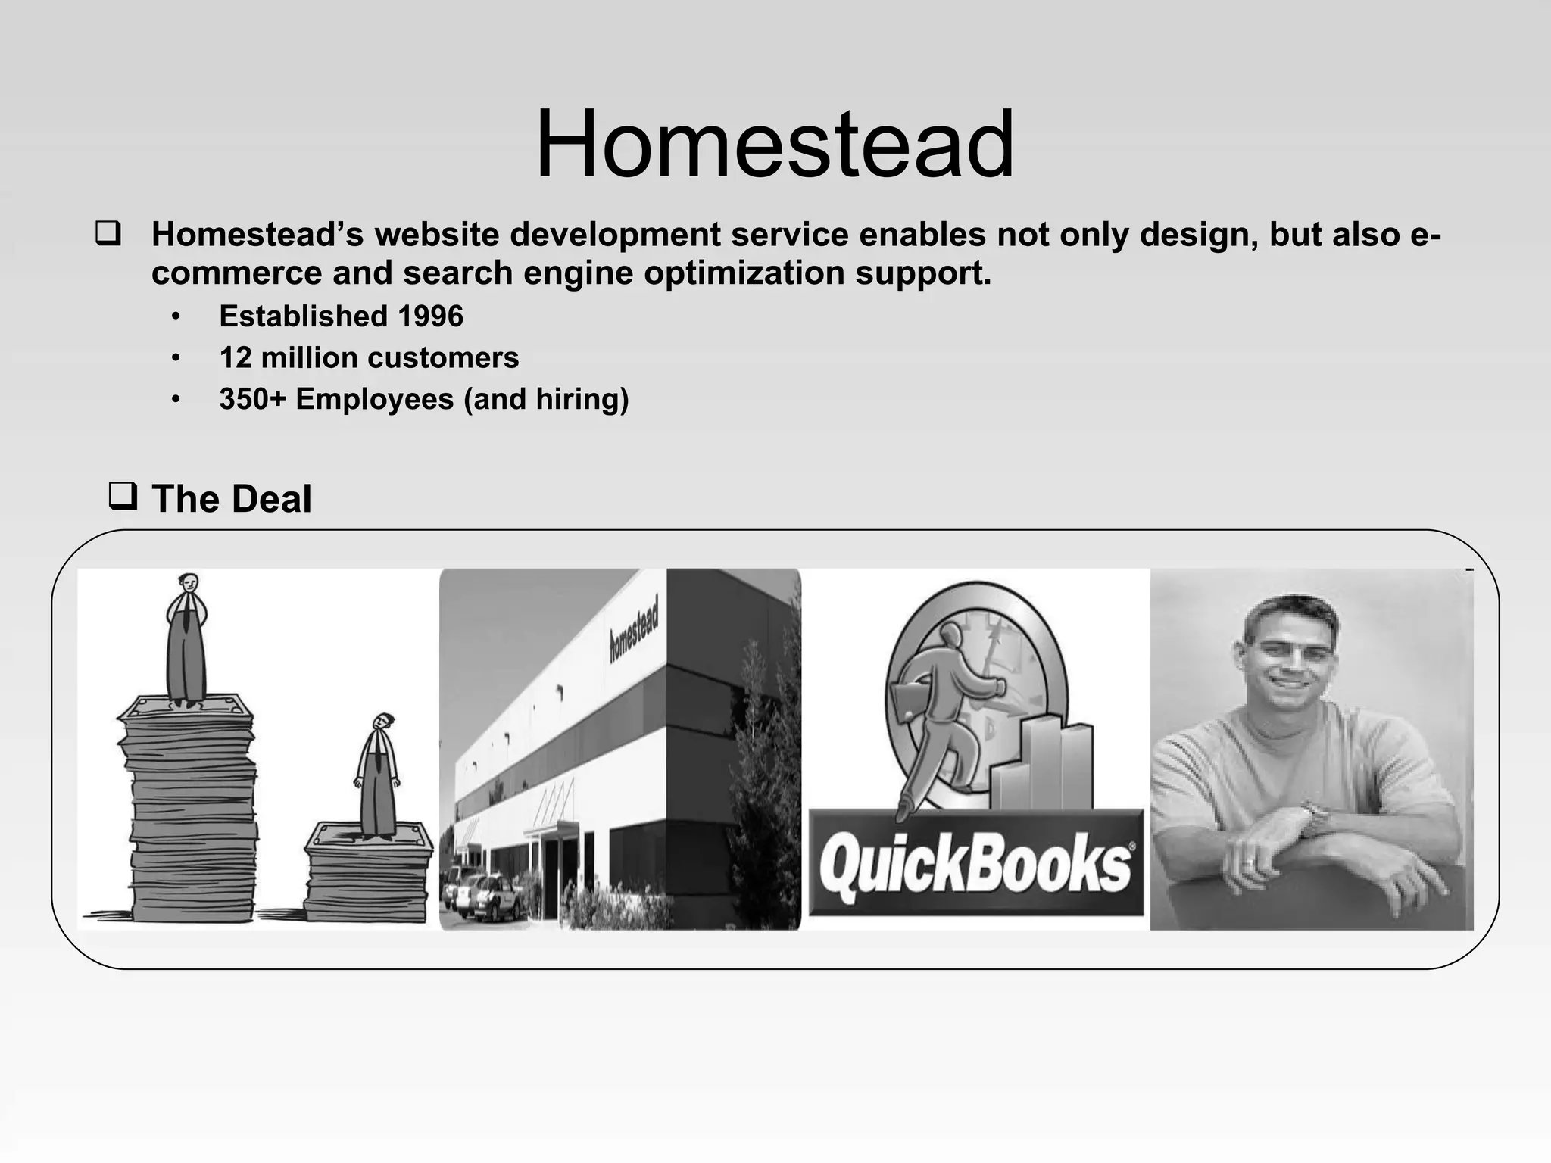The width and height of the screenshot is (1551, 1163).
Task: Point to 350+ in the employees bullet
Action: [x=253, y=399]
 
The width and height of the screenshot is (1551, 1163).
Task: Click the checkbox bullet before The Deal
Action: [x=123, y=497]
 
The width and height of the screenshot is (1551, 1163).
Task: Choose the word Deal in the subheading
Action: [x=271, y=500]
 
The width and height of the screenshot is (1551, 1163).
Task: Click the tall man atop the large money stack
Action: [x=186, y=640]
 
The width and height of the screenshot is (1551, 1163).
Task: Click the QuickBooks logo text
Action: [x=975, y=865]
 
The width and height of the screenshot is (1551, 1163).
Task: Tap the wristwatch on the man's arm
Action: [x=1316, y=816]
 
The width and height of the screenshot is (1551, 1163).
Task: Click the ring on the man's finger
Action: [x=1249, y=862]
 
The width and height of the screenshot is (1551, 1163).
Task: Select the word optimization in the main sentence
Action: [x=744, y=273]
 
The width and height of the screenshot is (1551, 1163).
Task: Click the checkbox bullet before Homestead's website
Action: [x=107, y=234]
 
